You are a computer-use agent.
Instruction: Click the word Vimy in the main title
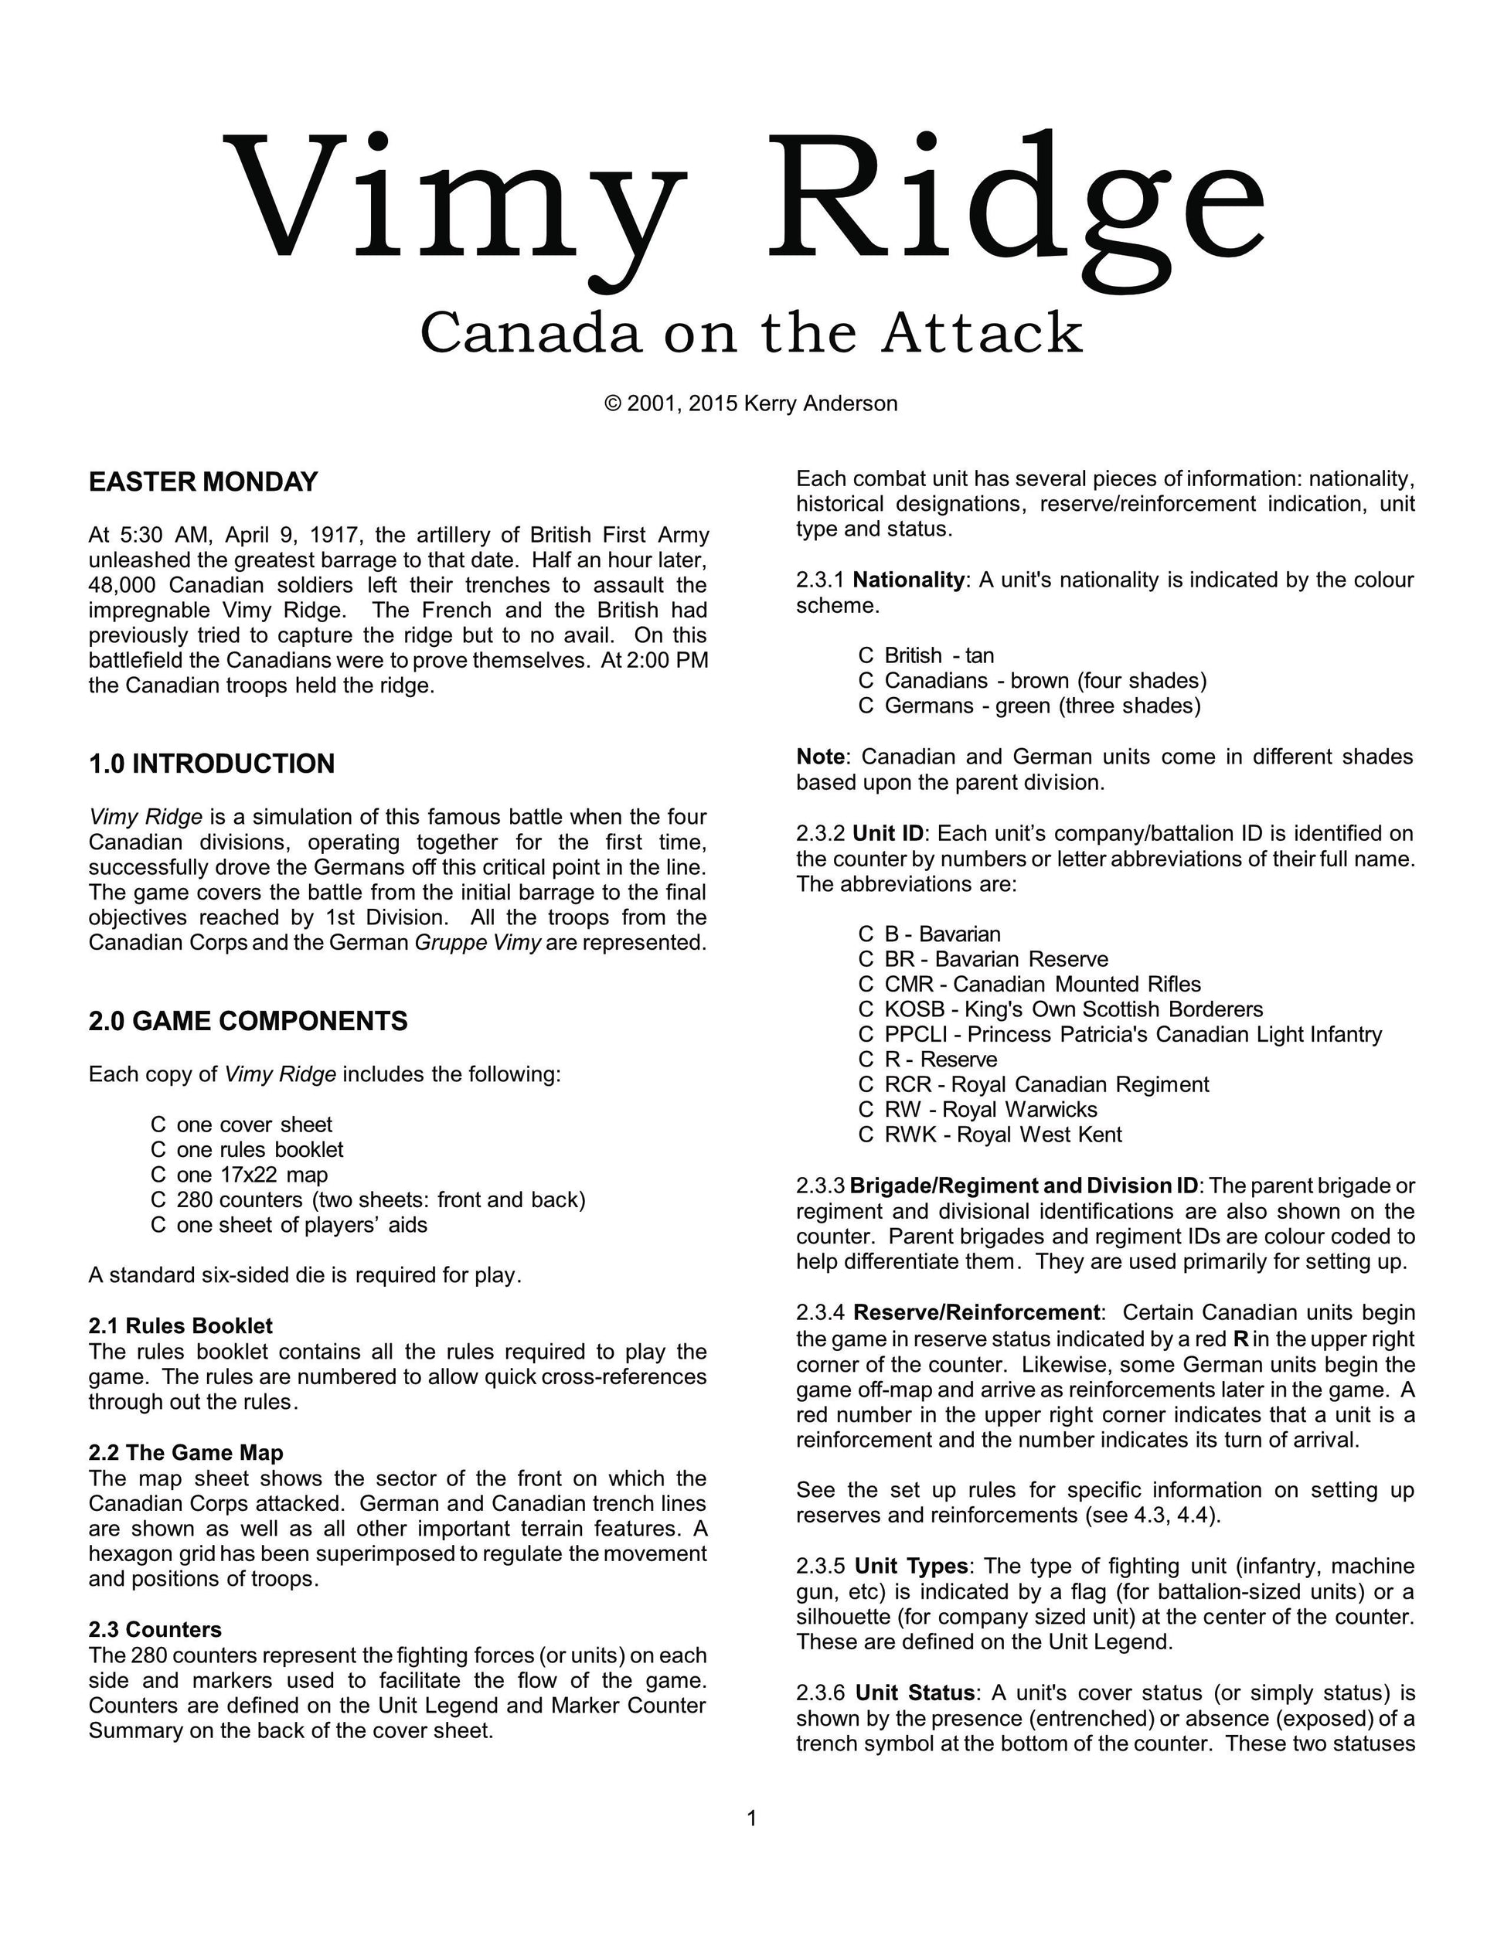pos(454,200)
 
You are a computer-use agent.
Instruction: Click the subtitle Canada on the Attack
pos(751,333)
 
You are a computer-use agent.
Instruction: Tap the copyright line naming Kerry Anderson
pos(751,403)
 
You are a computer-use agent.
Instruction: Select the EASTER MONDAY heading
pos(203,482)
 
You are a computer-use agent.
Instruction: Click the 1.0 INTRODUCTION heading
pos(211,764)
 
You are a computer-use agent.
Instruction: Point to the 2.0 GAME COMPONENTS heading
pos(247,1021)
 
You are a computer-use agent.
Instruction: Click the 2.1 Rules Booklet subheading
pos(180,1326)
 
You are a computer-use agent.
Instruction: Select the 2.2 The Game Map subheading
pos(185,1452)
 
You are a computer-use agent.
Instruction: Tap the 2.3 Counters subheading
pos(155,1630)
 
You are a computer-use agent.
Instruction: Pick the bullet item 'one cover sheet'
pos(254,1124)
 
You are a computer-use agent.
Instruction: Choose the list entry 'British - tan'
pos(938,656)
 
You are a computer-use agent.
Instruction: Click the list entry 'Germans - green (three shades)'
pos(1042,706)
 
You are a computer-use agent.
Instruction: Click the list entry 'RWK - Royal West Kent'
pos(1002,1135)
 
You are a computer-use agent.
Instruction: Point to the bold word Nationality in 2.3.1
pos(908,580)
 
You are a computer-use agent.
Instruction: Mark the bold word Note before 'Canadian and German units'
pos(820,757)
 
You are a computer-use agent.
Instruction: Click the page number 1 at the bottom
pos(751,1818)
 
